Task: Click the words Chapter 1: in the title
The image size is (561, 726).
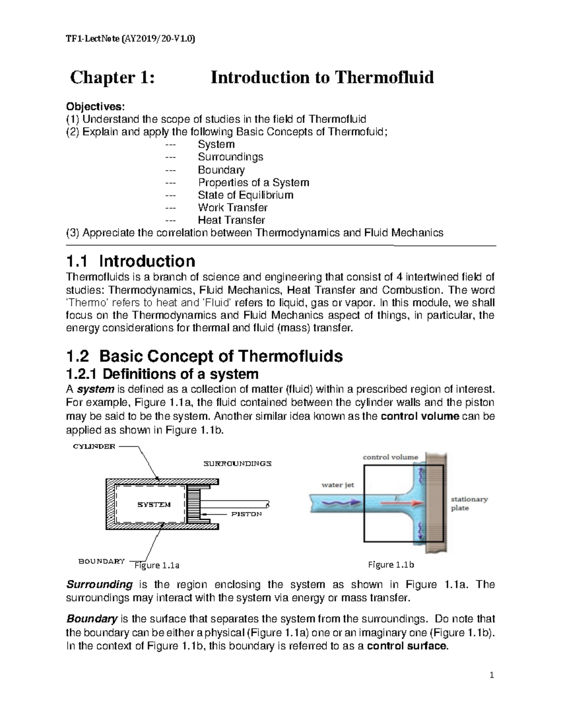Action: tap(112, 77)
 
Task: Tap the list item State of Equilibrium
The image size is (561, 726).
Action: tap(245, 195)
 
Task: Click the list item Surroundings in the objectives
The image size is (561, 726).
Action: tap(230, 157)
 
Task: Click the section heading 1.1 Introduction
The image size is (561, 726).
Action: tap(131, 261)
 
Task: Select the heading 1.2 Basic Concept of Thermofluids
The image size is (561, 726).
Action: tap(205, 357)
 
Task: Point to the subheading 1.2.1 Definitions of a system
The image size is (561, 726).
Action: tap(163, 374)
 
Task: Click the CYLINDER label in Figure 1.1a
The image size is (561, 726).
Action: tap(93, 446)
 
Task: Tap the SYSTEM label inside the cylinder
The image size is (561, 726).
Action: tap(154, 504)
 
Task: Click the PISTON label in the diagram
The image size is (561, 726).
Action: tap(246, 514)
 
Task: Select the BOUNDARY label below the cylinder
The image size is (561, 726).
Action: tap(101, 561)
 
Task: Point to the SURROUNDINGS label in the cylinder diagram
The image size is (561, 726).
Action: tap(237, 464)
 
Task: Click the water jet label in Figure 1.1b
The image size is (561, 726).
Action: tap(338, 485)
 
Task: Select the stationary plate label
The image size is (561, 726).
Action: tap(469, 503)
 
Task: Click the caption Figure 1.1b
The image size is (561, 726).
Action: tap(391, 565)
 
